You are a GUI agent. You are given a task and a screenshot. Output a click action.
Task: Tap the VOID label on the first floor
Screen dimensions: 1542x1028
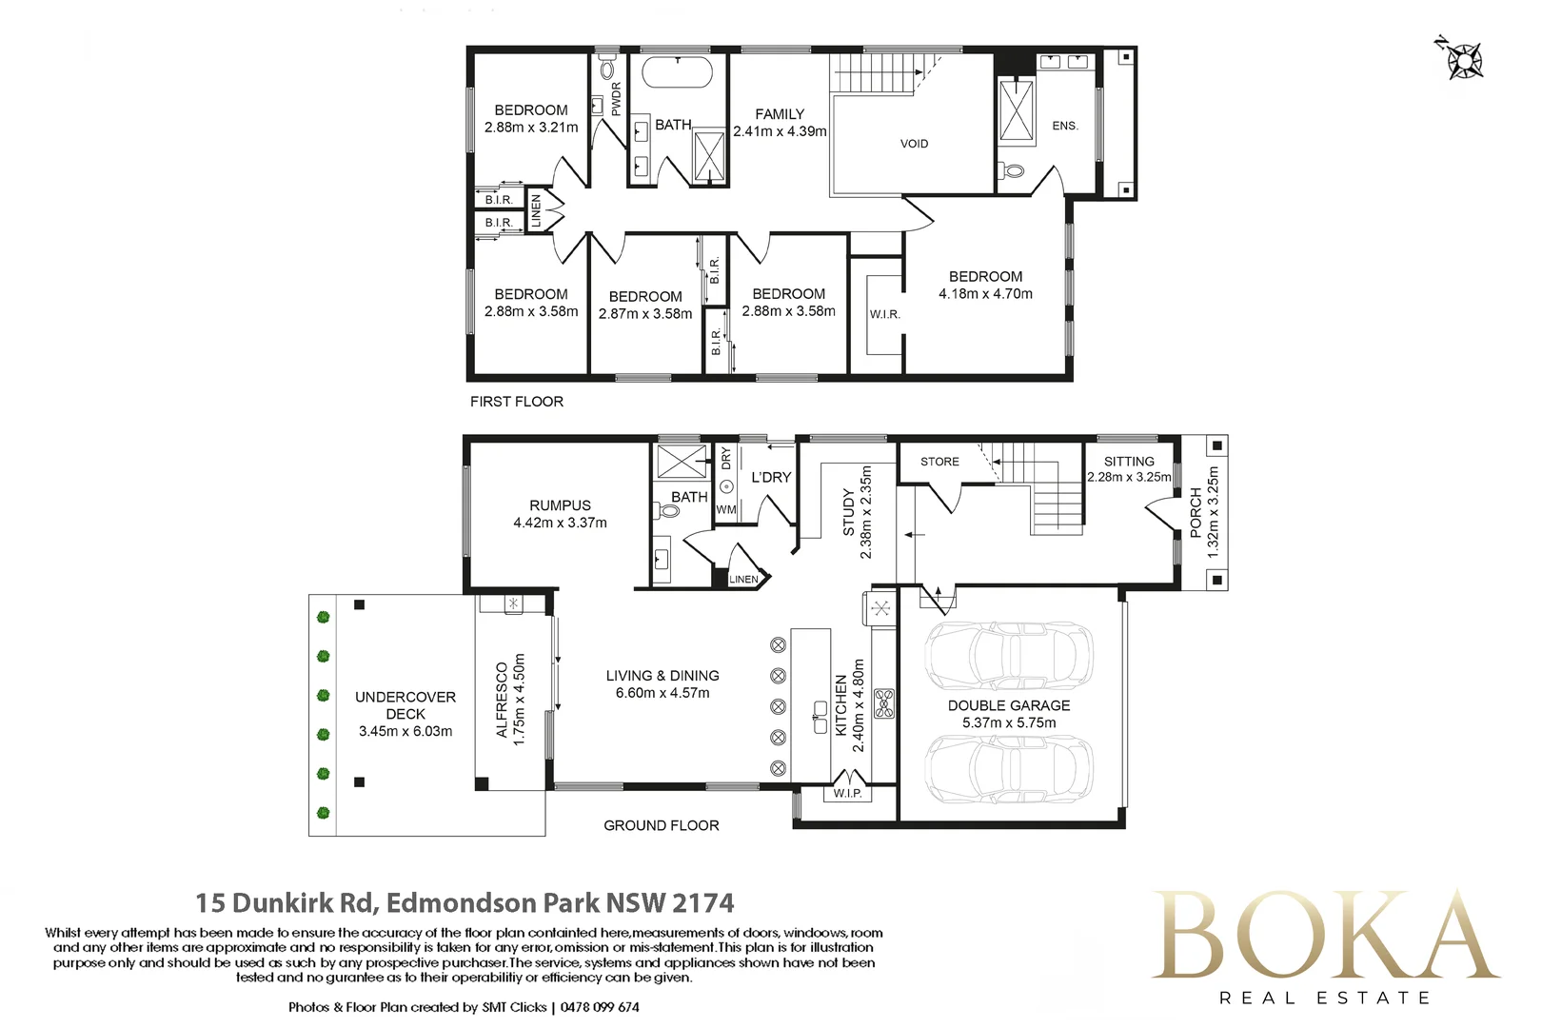point(914,144)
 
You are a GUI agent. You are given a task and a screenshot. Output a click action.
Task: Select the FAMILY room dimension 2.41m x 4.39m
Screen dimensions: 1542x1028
point(780,131)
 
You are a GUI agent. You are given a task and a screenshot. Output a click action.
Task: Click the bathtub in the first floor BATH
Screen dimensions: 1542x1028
point(678,72)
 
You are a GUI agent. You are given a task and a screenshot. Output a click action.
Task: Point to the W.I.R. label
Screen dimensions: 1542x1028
point(884,315)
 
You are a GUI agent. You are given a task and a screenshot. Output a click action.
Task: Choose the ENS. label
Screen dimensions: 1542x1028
point(1065,126)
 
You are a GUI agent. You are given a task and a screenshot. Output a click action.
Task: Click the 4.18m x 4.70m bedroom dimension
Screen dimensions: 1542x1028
point(986,294)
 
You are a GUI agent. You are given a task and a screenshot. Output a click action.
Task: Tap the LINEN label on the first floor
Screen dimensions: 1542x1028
point(536,211)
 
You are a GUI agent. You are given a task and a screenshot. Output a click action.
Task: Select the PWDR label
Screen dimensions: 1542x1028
point(616,99)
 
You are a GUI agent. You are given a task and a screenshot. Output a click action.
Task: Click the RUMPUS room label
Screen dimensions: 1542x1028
point(561,505)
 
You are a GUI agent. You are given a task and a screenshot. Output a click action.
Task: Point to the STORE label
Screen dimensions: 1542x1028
point(939,462)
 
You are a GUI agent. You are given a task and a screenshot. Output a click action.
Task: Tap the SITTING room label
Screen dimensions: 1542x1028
point(1129,462)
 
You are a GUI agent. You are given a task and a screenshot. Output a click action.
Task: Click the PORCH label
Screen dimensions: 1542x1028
point(1196,513)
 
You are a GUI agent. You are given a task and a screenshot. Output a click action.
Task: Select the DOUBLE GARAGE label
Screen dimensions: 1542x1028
point(1009,705)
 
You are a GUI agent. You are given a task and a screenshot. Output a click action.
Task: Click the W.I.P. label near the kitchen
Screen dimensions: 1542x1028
point(847,793)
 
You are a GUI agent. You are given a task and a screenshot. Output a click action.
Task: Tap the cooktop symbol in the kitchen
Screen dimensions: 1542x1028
point(884,703)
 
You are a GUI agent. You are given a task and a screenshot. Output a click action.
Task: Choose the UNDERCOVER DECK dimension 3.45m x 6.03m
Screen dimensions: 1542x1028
point(405,731)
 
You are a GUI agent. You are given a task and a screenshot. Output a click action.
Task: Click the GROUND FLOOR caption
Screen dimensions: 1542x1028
point(662,825)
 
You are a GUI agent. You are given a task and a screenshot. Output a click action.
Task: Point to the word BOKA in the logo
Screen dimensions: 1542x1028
point(1324,934)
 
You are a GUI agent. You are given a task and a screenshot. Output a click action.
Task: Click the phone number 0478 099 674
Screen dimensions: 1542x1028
point(600,1007)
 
